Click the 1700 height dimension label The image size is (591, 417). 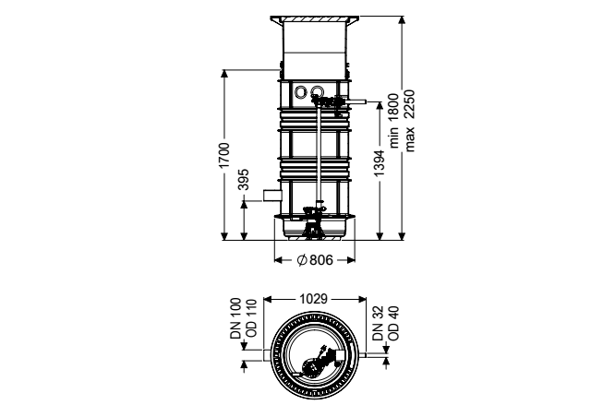[x=224, y=156]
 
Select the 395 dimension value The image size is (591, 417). [x=245, y=180]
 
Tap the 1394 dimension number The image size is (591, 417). [x=380, y=163]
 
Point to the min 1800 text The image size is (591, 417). [x=394, y=121]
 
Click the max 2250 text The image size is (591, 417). [x=409, y=121]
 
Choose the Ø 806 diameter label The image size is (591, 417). [x=315, y=260]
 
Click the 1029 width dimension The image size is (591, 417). [x=314, y=299]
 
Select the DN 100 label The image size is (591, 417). [x=236, y=318]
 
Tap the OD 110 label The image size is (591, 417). [x=251, y=319]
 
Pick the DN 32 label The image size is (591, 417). [x=378, y=323]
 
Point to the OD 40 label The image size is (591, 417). [x=393, y=323]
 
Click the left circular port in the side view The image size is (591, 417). [x=301, y=91]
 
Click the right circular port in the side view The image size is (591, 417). [x=317, y=91]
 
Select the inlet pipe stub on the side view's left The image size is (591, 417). [x=272, y=196]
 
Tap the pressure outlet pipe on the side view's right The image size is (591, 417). [x=356, y=101]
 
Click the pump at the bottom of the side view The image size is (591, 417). [x=312, y=222]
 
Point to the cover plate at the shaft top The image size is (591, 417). [x=314, y=18]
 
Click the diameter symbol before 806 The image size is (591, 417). [x=302, y=260]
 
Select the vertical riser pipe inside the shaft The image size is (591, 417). [x=320, y=154]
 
